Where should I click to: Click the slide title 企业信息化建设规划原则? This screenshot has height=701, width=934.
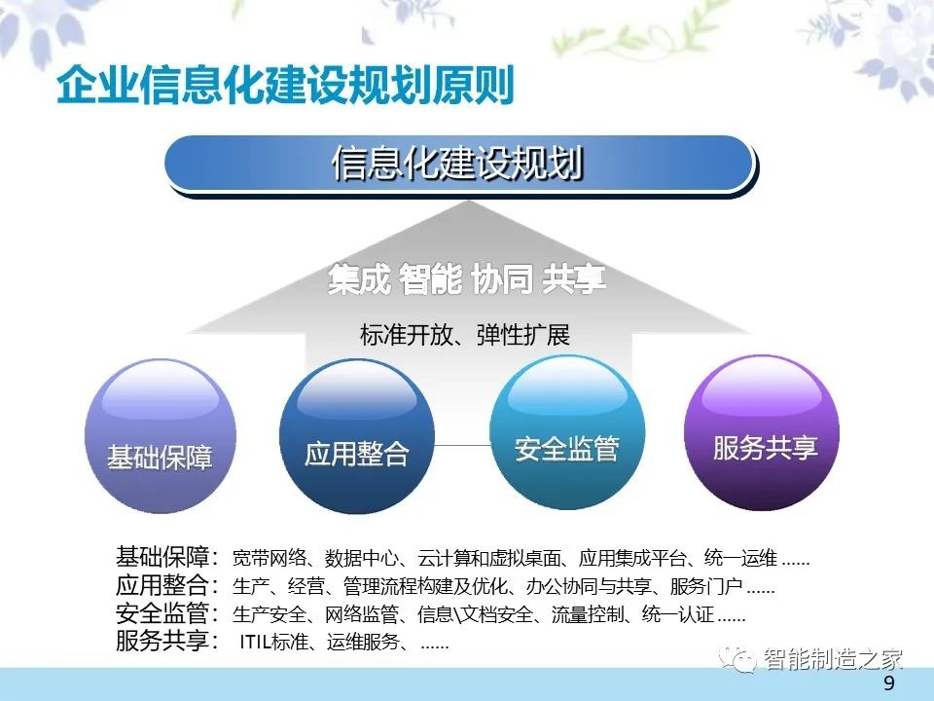[x=285, y=86]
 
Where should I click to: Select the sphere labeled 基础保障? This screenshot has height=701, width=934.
[x=161, y=436]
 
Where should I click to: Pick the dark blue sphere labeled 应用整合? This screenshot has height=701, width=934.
[x=357, y=436]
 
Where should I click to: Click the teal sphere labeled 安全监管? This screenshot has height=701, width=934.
[x=567, y=432]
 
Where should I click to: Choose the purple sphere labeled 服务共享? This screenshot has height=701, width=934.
[x=762, y=432]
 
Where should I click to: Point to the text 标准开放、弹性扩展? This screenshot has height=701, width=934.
[x=465, y=335]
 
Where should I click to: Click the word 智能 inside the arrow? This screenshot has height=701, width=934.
[x=430, y=279]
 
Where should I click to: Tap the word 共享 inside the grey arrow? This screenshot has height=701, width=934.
[x=574, y=279]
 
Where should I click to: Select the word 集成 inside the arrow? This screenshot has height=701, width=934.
[x=359, y=279]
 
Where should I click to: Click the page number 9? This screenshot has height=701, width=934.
[x=889, y=683]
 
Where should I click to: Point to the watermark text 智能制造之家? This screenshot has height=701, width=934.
[x=833, y=659]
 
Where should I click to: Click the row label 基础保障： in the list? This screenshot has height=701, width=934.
[x=167, y=557]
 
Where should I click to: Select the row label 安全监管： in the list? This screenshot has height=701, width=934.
[x=167, y=613]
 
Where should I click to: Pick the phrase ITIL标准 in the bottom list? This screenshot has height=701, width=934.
[x=274, y=642]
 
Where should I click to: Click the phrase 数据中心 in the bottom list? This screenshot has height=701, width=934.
[x=361, y=559]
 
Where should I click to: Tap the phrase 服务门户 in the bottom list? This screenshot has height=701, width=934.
[x=706, y=586]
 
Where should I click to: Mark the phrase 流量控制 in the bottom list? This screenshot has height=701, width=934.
[x=588, y=614]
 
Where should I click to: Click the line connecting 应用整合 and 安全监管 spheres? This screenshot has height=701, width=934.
[x=462, y=445]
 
